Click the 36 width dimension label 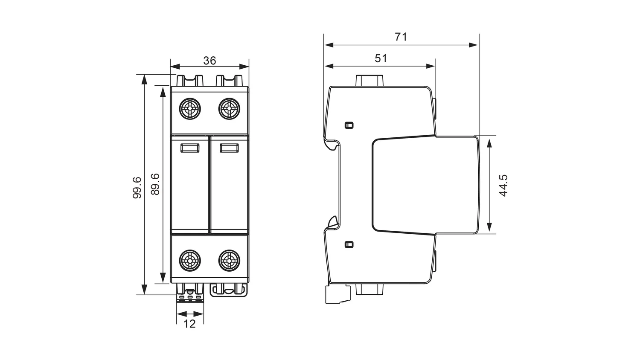pyautogui.click(x=209, y=61)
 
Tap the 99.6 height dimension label pyautogui.click(x=137, y=188)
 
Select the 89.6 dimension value pyautogui.click(x=155, y=184)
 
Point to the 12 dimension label pyautogui.click(x=189, y=324)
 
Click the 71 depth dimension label pyautogui.click(x=401, y=37)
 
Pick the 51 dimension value pyautogui.click(x=381, y=58)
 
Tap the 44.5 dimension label pyautogui.click(x=503, y=186)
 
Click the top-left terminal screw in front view pyautogui.click(x=190, y=109)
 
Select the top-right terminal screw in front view pyautogui.click(x=229, y=109)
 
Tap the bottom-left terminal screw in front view pyautogui.click(x=190, y=261)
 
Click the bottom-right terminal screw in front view pyautogui.click(x=229, y=261)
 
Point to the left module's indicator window pyautogui.click(x=190, y=148)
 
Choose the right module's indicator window pyautogui.click(x=229, y=148)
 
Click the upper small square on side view pyautogui.click(x=349, y=125)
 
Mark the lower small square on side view pyautogui.click(x=349, y=244)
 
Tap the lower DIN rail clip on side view pyautogui.click(x=332, y=222)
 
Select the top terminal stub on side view pyautogui.click(x=369, y=80)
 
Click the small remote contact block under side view pyautogui.click(x=338, y=294)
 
